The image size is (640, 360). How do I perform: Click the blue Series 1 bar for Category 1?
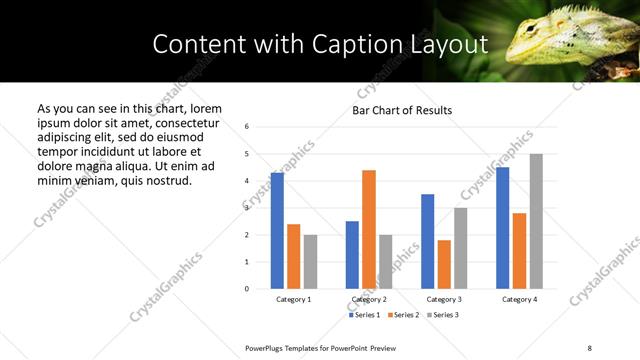point(277,231)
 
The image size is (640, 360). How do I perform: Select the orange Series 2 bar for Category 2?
point(369,229)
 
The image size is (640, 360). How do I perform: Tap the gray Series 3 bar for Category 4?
point(536,221)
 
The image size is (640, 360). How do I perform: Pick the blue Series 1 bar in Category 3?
point(427,241)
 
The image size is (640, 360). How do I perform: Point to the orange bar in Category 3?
point(444,264)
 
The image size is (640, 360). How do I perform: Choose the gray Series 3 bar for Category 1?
point(310,261)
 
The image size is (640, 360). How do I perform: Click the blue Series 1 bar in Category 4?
point(502,228)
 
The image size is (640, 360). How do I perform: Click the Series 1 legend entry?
point(364,315)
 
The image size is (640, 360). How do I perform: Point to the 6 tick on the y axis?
point(247,127)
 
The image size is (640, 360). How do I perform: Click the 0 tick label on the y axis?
point(247,289)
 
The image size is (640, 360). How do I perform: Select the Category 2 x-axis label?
point(369,299)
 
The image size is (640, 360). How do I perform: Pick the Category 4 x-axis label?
point(519,299)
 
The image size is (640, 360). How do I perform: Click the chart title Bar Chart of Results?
point(402,110)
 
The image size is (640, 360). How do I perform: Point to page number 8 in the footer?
point(589,346)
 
